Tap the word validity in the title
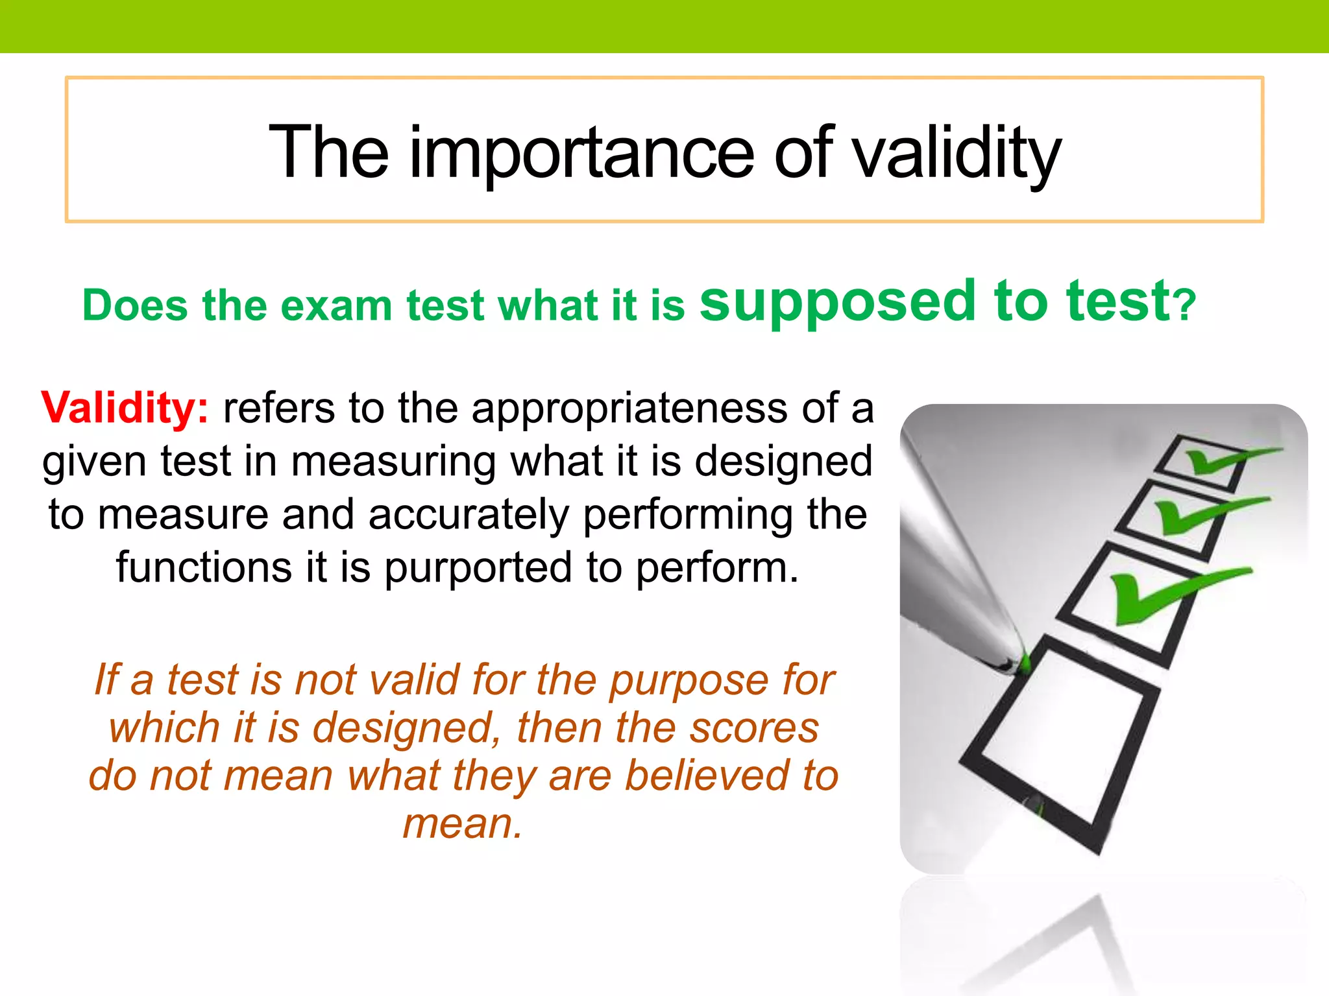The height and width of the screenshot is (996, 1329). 957,153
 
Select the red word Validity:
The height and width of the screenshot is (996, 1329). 125,408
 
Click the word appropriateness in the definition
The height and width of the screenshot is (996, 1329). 629,409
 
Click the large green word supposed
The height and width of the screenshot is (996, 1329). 838,302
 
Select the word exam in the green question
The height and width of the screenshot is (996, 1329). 335,306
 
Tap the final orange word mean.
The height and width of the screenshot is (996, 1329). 462,824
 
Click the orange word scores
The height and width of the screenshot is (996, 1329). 753,728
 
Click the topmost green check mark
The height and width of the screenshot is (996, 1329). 1220,459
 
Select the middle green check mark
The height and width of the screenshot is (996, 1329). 1201,512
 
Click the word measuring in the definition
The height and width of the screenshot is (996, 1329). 393,462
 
